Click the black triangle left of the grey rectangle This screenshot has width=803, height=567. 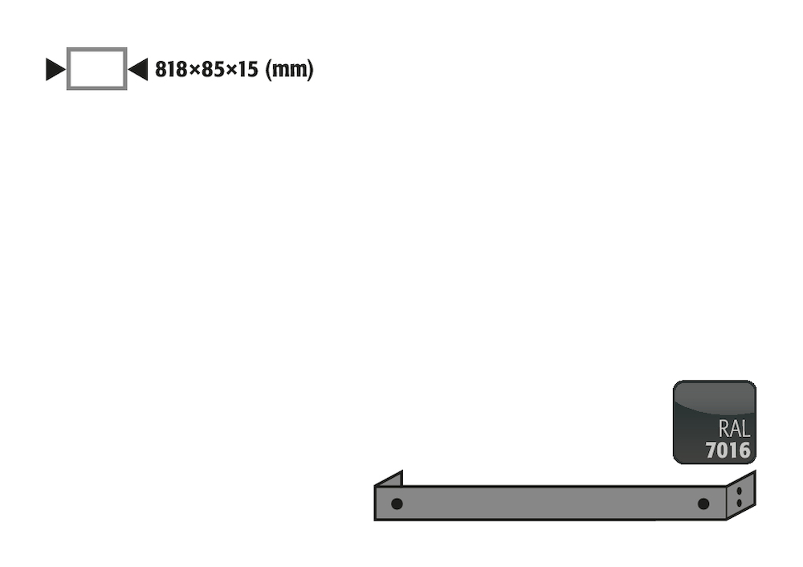pos(55,70)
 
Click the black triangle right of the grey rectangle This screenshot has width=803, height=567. pos(139,70)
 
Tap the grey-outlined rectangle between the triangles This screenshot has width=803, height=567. pos(96,69)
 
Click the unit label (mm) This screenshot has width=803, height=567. pos(289,70)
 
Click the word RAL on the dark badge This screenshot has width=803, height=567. pos(733,429)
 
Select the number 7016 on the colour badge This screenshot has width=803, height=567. pos(728,450)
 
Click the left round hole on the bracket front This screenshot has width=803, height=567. pos(397,504)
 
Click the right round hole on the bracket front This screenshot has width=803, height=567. pos(703,504)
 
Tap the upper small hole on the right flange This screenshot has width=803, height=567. pos(740,491)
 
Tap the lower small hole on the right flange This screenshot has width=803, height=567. pos(740,503)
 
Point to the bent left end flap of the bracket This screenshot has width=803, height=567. pos(389,479)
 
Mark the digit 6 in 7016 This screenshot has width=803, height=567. pos(744,450)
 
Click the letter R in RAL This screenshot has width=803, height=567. pos(723,429)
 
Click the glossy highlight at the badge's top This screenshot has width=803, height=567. pos(715,395)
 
